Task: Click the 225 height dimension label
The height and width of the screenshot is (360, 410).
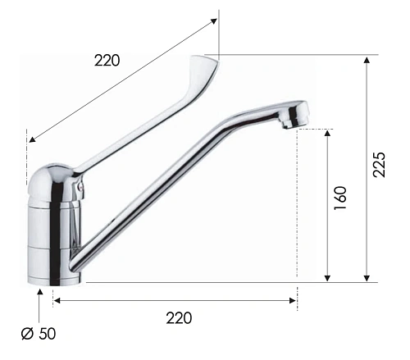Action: (379, 165)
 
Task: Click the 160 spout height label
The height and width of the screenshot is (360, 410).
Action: (340, 198)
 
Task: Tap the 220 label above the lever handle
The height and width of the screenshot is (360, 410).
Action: (107, 61)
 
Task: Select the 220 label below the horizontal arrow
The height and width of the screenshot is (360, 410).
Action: (179, 318)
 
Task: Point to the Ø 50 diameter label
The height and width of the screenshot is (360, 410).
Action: (39, 334)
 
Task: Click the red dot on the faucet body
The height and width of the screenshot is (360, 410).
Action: (80, 187)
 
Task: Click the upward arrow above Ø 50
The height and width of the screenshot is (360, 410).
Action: (40, 306)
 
